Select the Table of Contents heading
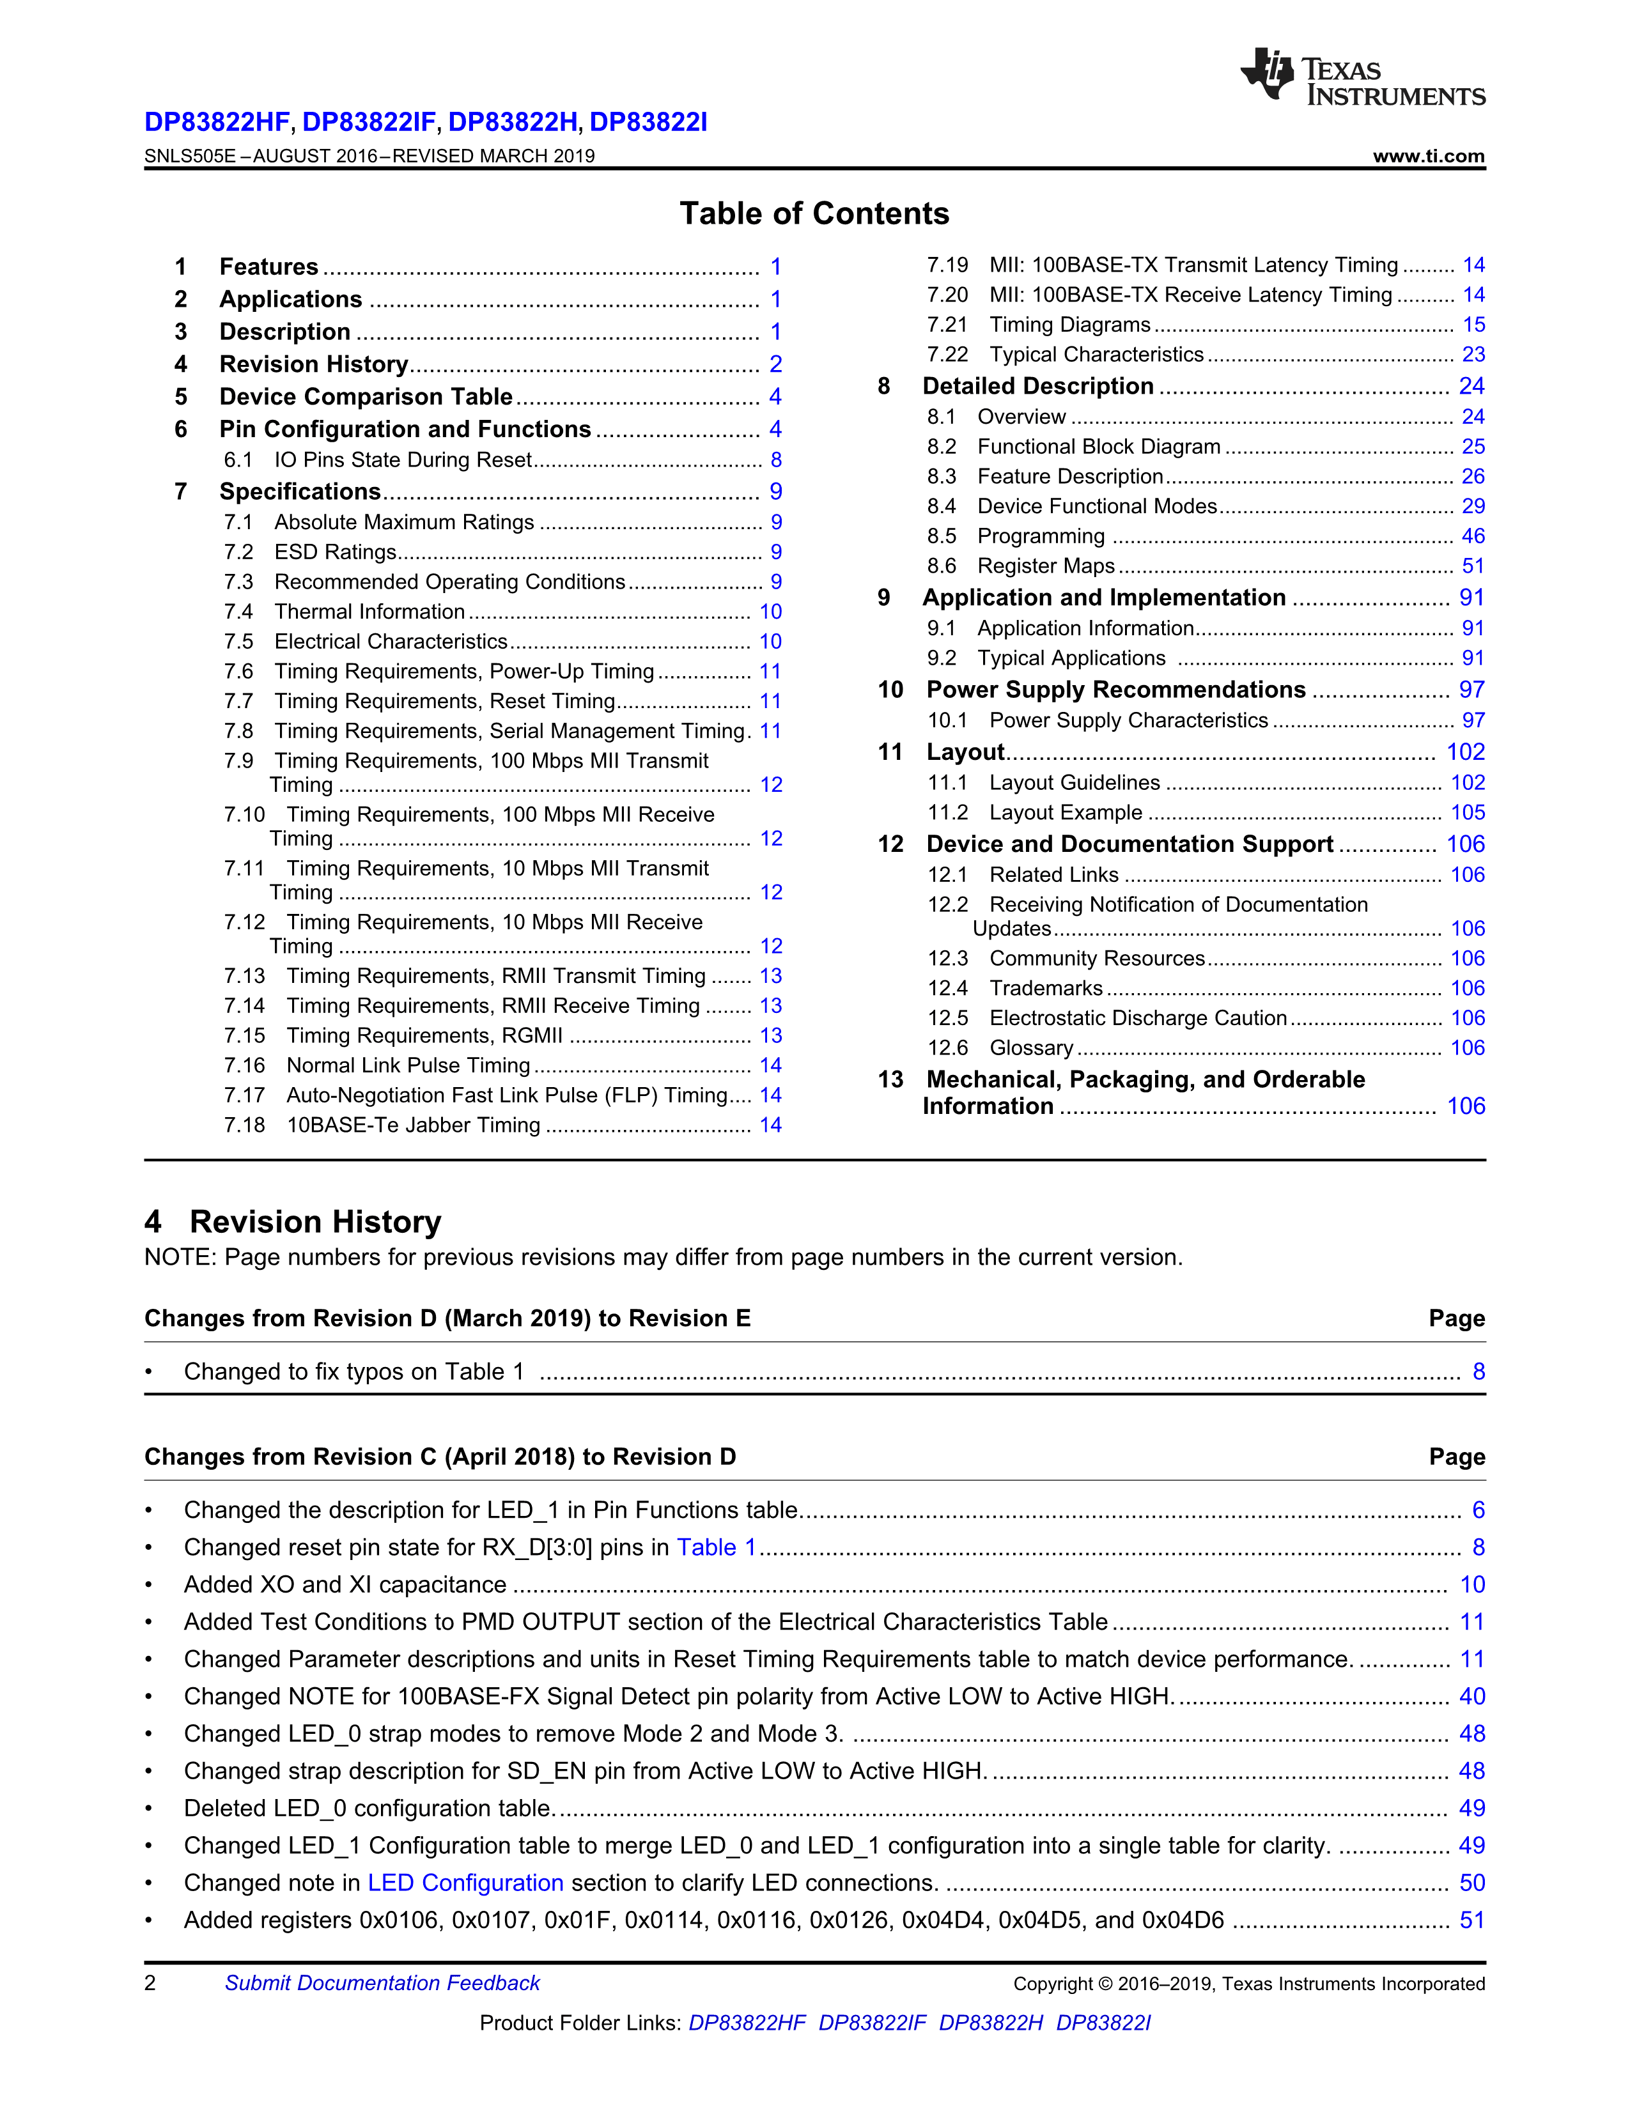pos(814,213)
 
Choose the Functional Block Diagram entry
pos(1098,446)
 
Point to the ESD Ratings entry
pos(335,552)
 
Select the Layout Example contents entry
pos(1065,813)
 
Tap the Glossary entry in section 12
pos(1030,1047)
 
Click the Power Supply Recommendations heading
pos(1115,690)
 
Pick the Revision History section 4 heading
pos(293,1221)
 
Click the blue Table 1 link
pos(715,1547)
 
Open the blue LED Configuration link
pos(465,1882)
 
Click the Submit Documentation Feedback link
pos(382,1982)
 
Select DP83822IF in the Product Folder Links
pos(872,2022)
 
